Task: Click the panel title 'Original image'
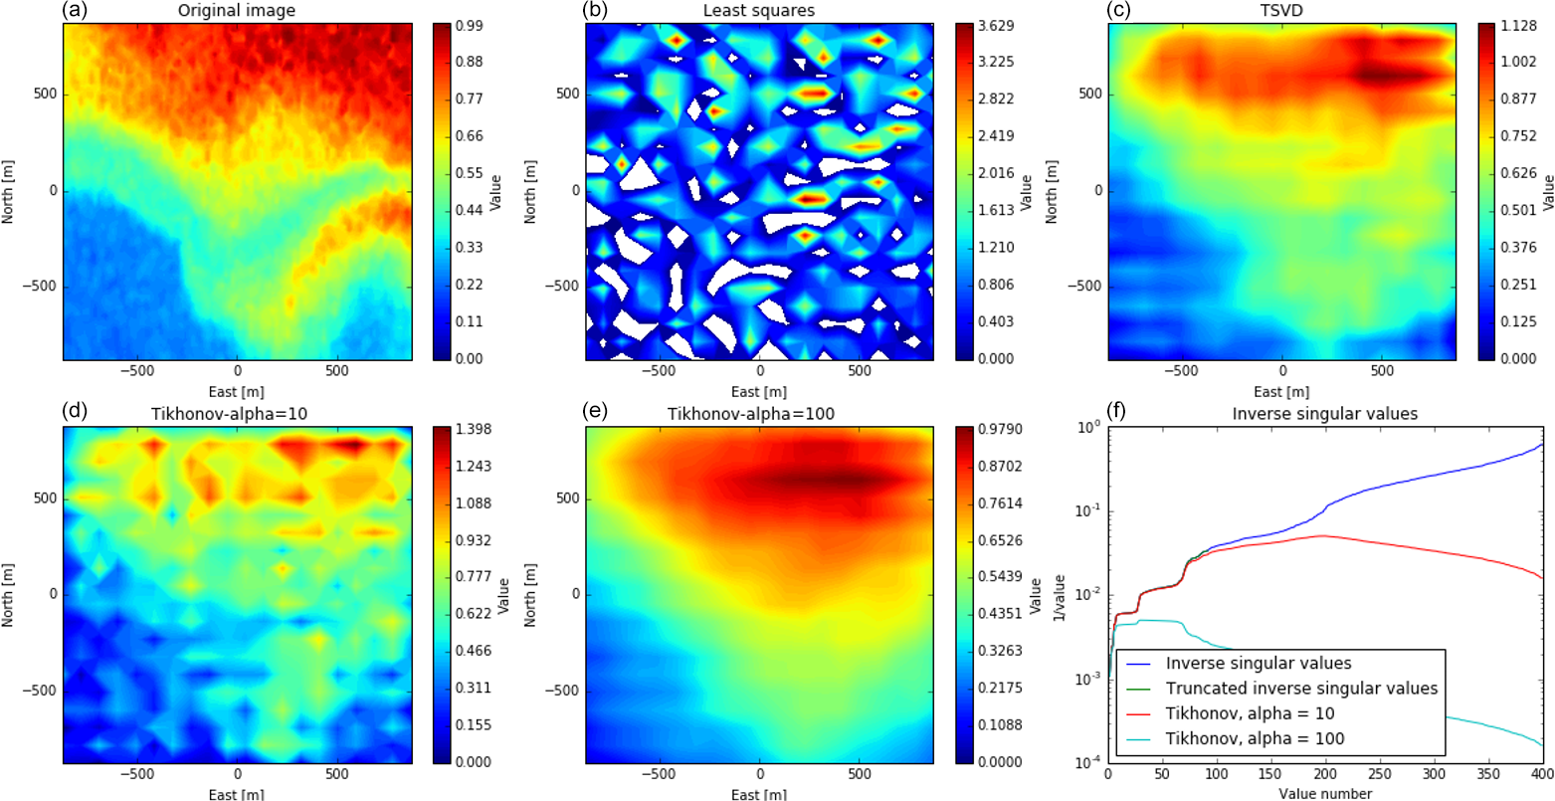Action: click(238, 12)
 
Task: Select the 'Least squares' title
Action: click(760, 12)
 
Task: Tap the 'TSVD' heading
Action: click(1281, 12)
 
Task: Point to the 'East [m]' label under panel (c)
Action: click(1281, 391)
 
